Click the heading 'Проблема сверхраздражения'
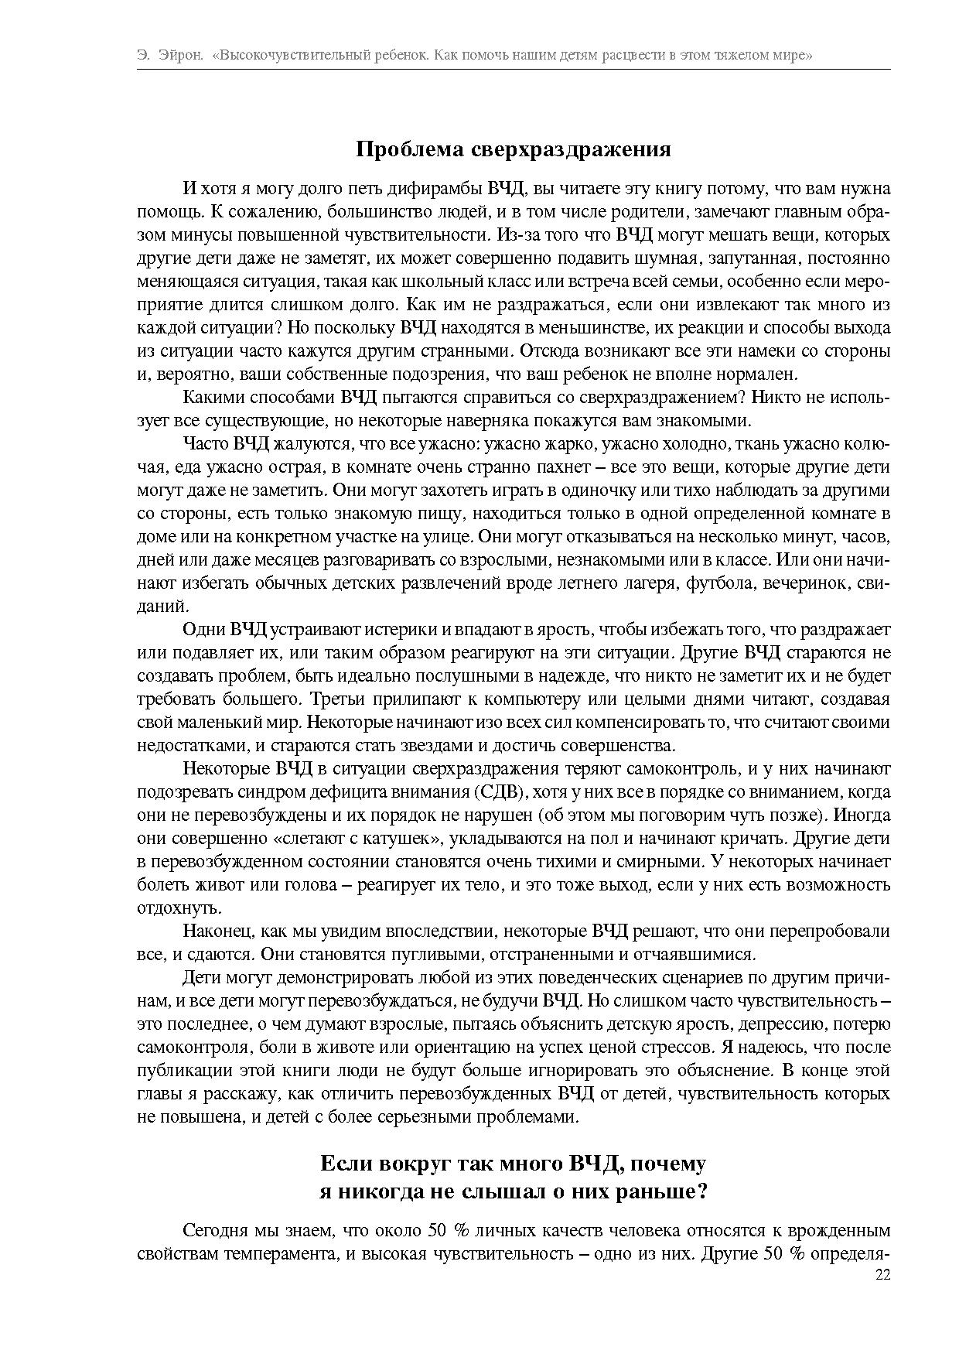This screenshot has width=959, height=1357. pyautogui.click(x=513, y=149)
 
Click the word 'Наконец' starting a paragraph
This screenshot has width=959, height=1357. pyautogui.click(x=213, y=931)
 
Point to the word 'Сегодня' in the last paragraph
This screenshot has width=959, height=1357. pyautogui.click(x=214, y=1230)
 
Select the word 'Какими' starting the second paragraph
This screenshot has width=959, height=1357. pyautogui.click(x=209, y=398)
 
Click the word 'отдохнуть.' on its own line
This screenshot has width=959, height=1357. pyautogui.click(x=169, y=908)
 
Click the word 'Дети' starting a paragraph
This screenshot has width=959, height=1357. pyautogui.click(x=199, y=978)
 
